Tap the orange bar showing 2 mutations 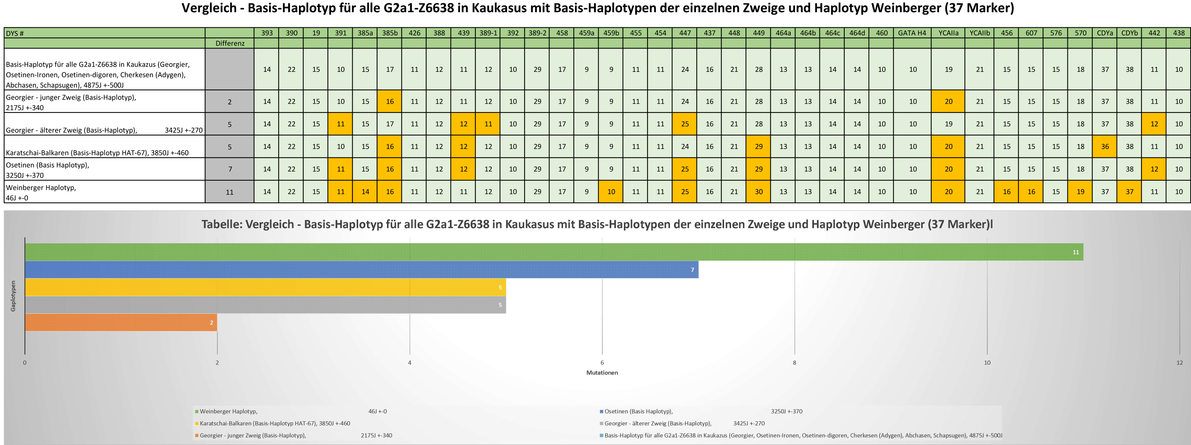tap(121, 322)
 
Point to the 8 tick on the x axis tap(794, 363)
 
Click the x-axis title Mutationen tap(602, 373)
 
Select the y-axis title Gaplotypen tap(13, 296)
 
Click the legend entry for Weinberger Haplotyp tap(228, 411)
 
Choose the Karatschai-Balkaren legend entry tap(275, 423)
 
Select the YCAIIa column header tap(948, 33)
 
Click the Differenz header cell tap(230, 43)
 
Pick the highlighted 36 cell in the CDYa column tap(1104, 147)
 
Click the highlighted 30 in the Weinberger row tap(758, 191)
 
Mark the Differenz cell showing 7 tap(230, 169)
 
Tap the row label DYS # tap(15, 33)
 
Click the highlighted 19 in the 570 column tap(1080, 191)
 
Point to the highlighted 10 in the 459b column tap(611, 191)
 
